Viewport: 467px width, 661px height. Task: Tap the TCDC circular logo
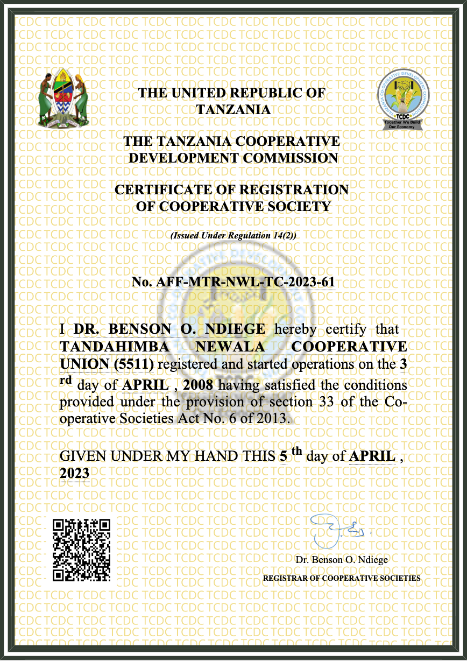point(404,97)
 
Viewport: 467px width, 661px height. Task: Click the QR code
point(81,550)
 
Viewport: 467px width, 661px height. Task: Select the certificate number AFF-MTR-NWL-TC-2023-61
point(245,282)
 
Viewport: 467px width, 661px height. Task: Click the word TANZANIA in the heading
point(233,110)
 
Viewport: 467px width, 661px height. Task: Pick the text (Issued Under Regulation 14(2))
point(233,236)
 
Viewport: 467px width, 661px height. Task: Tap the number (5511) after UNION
point(134,365)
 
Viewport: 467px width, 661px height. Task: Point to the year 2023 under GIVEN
point(74,473)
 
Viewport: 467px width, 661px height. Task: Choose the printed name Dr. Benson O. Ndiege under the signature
point(342,560)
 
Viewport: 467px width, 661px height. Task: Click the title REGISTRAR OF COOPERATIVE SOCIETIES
point(342,578)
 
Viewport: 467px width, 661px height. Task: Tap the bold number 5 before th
point(284,456)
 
